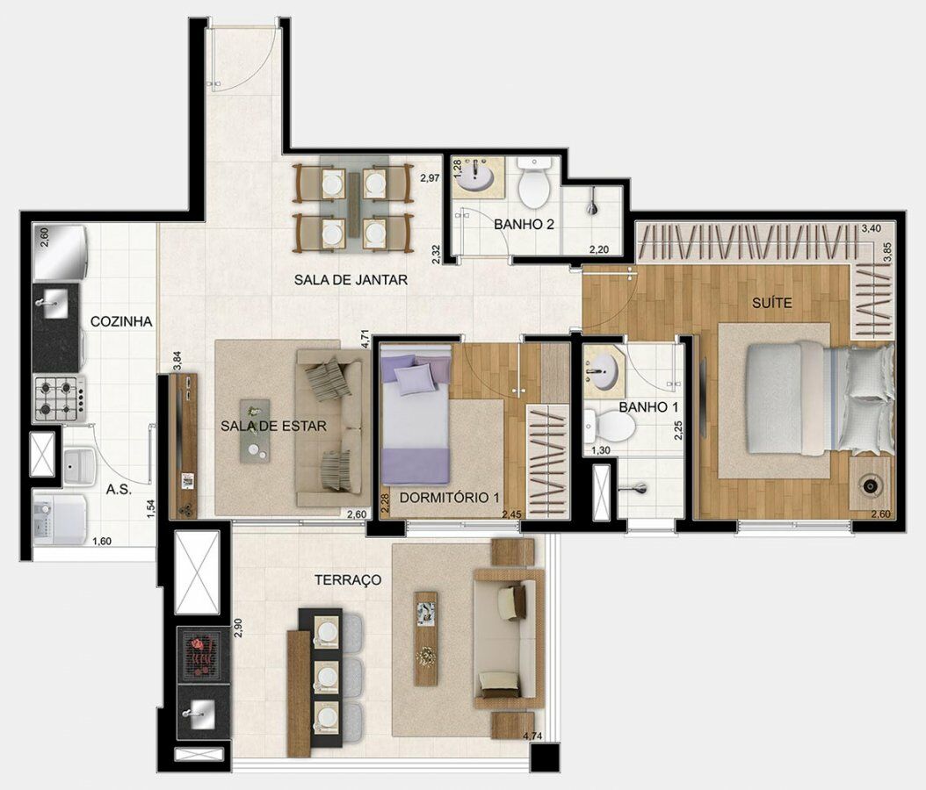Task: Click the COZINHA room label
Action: pos(121,321)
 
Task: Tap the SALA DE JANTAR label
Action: pos(351,280)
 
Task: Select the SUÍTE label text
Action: pos(772,303)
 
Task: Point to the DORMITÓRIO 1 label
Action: pos(450,498)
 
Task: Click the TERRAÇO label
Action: pos(348,580)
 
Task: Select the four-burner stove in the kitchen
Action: pos(59,399)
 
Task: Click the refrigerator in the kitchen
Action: pos(61,253)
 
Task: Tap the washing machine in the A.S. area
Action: pos(61,518)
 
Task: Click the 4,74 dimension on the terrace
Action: pos(534,736)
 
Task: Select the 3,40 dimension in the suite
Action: pos(871,227)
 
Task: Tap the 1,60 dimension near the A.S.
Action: pos(102,541)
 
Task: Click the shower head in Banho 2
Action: pos(592,205)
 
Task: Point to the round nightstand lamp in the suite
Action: pos(870,485)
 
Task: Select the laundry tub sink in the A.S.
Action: pos(80,465)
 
